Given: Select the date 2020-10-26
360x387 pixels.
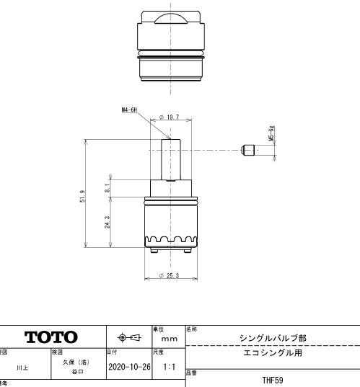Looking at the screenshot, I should (x=127, y=366).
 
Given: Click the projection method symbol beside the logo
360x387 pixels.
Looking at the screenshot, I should (x=128, y=337).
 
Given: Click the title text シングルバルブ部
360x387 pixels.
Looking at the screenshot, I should (x=272, y=337).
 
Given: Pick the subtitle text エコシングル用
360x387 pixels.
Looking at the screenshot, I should (x=272, y=354).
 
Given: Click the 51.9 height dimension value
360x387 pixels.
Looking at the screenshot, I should (x=84, y=196).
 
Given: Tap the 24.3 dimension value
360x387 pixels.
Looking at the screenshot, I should (x=107, y=223).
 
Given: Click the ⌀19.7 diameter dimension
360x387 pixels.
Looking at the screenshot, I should (x=168, y=116).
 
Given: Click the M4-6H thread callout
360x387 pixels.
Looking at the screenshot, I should (x=130, y=110).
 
